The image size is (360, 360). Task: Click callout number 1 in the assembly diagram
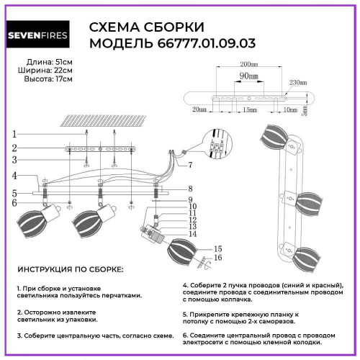pos(14,133)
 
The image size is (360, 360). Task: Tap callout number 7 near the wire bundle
pos(190,166)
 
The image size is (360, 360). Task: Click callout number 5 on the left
pos(14,193)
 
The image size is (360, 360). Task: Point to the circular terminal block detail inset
pos(217,144)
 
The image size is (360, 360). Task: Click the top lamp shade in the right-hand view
pos(276,136)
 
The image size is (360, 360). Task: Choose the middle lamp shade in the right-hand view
pos(308,199)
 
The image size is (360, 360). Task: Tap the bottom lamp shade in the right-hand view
pos(307,257)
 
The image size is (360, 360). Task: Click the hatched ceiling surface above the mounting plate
pos(94,121)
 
